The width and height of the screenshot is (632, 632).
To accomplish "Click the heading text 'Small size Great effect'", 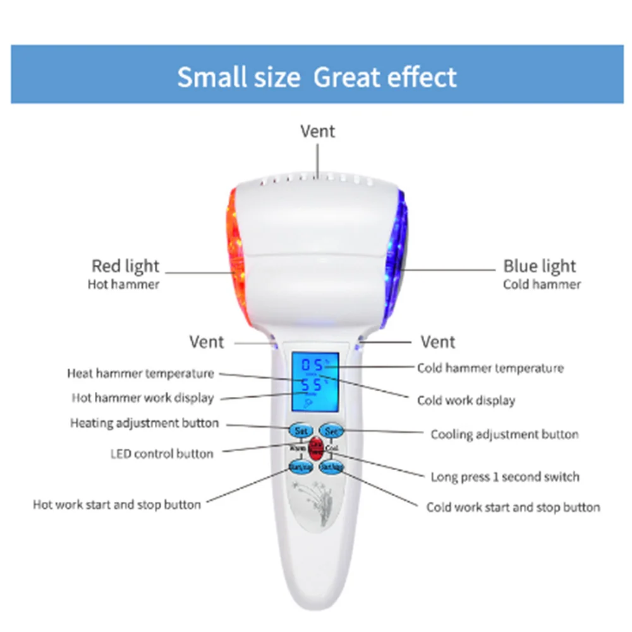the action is (x=317, y=77).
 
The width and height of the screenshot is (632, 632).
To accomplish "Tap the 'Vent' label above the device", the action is (x=317, y=131).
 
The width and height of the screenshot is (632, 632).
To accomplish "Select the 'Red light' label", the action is (x=125, y=266).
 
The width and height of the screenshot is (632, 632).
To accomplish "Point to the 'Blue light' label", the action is (x=540, y=266).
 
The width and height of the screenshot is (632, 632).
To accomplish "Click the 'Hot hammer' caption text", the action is (x=123, y=284).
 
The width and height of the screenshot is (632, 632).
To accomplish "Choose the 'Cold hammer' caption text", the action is (x=542, y=284).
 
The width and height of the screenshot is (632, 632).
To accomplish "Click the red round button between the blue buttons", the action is (x=316, y=449).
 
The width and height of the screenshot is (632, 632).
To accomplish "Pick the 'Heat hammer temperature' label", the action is (x=140, y=374).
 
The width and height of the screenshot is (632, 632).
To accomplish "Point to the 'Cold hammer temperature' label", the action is (x=490, y=368).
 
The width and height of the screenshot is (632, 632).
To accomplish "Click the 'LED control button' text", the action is (x=162, y=454).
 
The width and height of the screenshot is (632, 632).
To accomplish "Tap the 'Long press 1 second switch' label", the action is (x=505, y=477).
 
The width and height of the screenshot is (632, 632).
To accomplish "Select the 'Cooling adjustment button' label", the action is (x=504, y=434).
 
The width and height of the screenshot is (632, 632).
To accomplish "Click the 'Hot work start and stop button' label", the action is (x=117, y=504).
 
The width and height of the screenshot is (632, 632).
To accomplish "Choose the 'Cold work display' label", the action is (x=466, y=401).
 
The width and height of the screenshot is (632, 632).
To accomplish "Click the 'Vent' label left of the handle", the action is (x=207, y=342).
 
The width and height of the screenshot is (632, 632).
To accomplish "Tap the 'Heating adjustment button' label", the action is (x=145, y=423).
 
